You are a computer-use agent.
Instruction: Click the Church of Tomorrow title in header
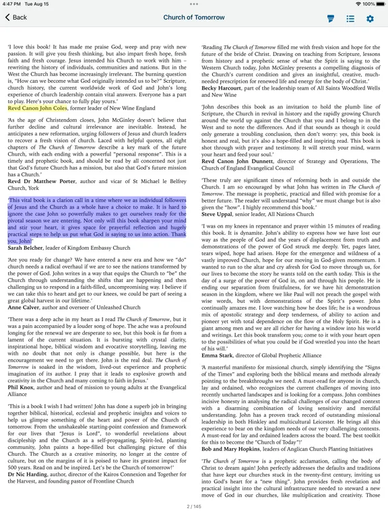click(193, 18)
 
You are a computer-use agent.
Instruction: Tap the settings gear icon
click(369, 18)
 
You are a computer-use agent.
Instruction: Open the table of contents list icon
click(350, 18)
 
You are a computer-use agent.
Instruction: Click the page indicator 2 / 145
click(193, 506)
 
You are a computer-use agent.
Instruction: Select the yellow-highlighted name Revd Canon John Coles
click(38, 107)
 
